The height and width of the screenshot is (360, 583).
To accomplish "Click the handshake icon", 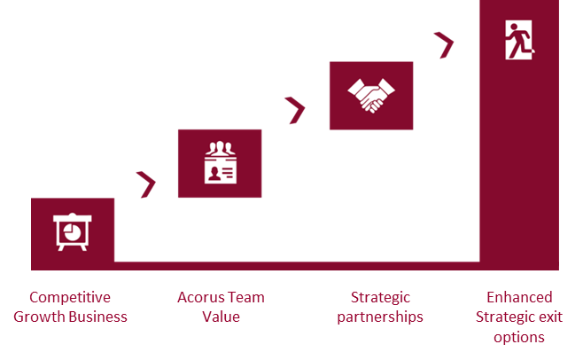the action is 371,96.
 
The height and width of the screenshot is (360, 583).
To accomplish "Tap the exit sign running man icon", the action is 519,40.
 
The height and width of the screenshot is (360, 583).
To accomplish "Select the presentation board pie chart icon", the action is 73,232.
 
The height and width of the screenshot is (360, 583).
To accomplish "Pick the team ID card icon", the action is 221,162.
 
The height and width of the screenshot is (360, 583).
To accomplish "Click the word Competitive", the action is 70,297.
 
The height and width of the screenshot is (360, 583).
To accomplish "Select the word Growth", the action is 39,317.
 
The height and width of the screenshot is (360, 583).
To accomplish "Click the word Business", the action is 98,317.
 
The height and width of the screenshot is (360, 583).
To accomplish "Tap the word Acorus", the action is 199,297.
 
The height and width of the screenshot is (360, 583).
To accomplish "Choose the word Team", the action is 245,297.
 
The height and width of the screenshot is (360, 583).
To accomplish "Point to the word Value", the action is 221,317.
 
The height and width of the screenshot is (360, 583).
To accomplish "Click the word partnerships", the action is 380,317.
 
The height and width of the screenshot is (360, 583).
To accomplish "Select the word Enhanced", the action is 519,297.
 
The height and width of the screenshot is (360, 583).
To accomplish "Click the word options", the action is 519,338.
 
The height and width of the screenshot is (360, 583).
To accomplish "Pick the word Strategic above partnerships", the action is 380,298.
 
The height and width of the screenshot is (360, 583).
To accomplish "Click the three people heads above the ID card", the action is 221,148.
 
